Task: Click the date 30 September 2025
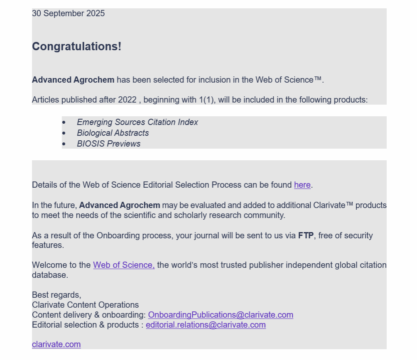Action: (x=68, y=14)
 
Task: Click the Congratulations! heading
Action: (x=76, y=47)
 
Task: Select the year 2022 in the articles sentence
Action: (x=127, y=100)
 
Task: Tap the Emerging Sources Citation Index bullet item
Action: (x=137, y=122)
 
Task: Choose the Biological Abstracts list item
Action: (x=113, y=133)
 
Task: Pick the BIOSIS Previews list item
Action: (x=108, y=144)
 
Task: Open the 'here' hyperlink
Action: (x=302, y=185)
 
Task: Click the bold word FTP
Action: (x=306, y=236)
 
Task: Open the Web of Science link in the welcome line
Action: (x=123, y=265)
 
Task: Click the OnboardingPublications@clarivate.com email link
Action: (x=221, y=315)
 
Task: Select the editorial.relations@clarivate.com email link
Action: (x=206, y=325)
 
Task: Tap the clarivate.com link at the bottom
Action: (x=56, y=345)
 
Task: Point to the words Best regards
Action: (x=56, y=295)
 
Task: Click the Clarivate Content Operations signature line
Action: (x=85, y=305)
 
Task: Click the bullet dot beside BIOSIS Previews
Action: (x=64, y=144)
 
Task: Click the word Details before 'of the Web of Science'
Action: (x=44, y=185)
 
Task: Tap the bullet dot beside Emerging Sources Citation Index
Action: (x=64, y=122)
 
